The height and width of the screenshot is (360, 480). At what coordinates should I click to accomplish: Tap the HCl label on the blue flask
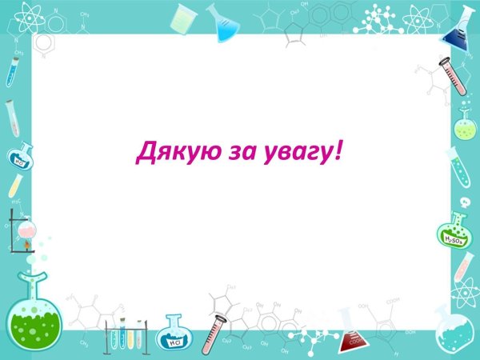point(173,342)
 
